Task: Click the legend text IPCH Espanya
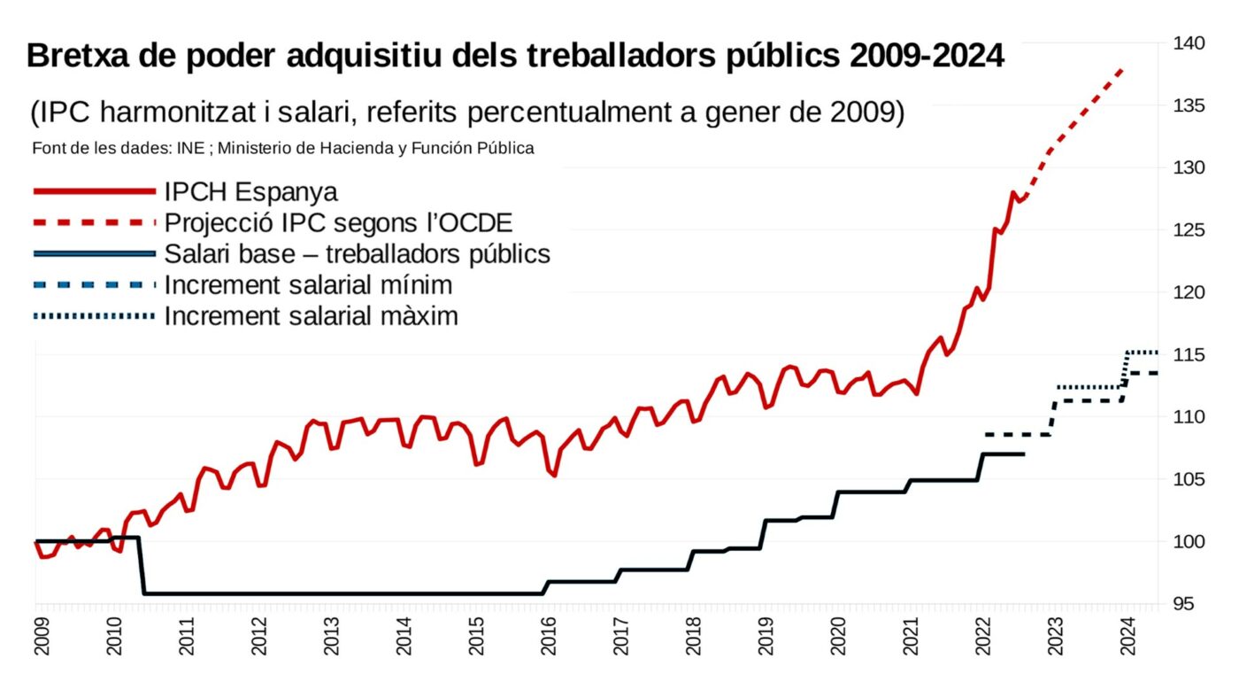point(251,192)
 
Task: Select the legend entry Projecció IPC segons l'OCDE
point(338,222)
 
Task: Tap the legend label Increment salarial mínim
point(308,285)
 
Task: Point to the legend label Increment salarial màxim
point(311,316)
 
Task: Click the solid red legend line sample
point(94,191)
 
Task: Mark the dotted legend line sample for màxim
point(94,315)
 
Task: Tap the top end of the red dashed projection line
point(1122,69)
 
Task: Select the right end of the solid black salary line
point(1023,454)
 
